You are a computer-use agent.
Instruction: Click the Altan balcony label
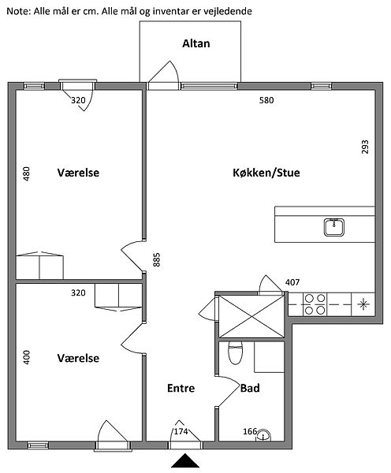(x=195, y=43)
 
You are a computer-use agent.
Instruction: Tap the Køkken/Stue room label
(x=266, y=173)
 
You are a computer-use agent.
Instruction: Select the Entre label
(x=181, y=388)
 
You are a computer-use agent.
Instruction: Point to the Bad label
(x=250, y=388)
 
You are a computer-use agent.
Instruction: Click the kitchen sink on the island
(x=334, y=227)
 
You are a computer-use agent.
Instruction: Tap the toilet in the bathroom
(x=236, y=352)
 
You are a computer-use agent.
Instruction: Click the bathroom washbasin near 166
(x=263, y=435)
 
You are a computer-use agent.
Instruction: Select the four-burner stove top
(x=315, y=304)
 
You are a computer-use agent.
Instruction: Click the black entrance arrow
(x=185, y=460)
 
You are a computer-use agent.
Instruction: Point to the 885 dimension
(x=157, y=259)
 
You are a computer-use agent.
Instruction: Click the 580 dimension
(x=266, y=100)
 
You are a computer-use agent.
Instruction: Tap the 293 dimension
(x=365, y=147)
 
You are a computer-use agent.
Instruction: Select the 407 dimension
(x=292, y=282)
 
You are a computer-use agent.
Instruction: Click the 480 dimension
(x=27, y=173)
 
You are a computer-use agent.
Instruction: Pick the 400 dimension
(x=27, y=357)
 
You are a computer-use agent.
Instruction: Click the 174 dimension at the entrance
(x=181, y=432)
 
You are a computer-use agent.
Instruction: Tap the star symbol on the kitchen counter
(x=363, y=304)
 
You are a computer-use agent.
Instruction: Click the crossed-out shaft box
(x=251, y=316)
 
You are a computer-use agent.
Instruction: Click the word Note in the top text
(x=18, y=12)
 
